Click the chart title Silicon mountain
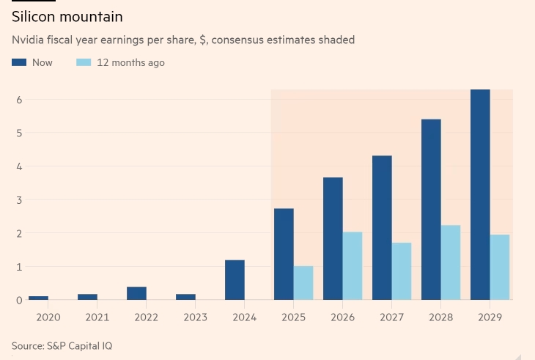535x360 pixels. (67, 16)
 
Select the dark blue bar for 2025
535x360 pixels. (284, 254)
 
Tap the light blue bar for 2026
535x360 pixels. (353, 265)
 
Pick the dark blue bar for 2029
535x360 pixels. (480, 194)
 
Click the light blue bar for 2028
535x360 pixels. (451, 262)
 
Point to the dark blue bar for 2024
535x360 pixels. (235, 279)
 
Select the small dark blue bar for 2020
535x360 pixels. (38, 298)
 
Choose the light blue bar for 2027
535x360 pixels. (402, 271)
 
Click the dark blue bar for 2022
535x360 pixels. (136, 293)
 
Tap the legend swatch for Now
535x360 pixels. (19, 63)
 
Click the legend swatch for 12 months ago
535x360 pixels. (84, 63)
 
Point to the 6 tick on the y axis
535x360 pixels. (19, 100)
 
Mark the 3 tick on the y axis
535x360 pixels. (19, 200)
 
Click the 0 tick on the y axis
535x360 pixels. (19, 300)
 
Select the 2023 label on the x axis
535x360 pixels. (195, 317)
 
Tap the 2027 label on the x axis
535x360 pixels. (391, 317)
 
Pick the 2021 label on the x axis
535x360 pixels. (97, 317)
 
